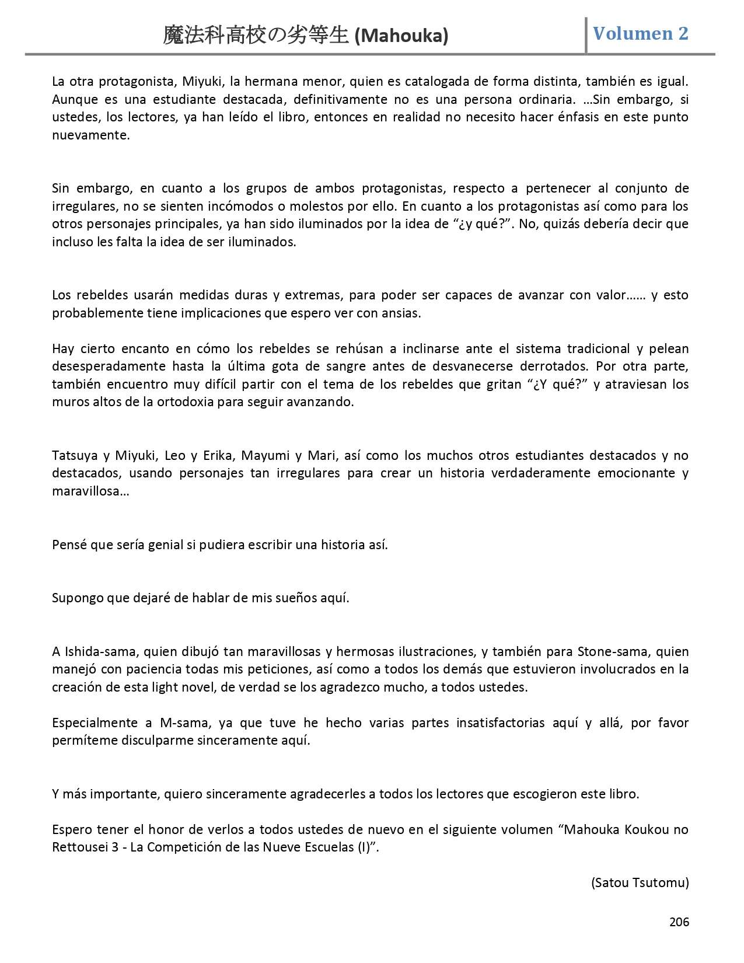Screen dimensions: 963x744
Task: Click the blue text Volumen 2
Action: coord(641,34)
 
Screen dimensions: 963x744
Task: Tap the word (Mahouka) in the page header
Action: coord(401,36)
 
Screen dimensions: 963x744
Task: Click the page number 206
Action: coord(679,922)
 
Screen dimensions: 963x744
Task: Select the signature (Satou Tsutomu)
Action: coord(640,882)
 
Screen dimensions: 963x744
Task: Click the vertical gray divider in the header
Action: coord(586,35)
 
